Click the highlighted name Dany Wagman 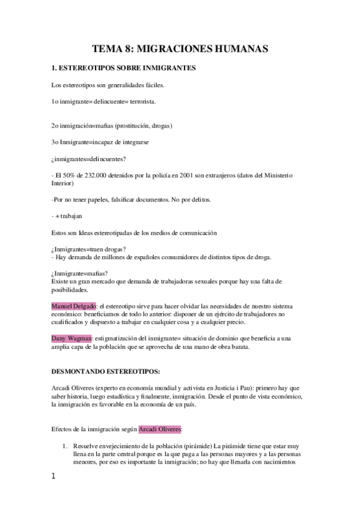click(x=72, y=339)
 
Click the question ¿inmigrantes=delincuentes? click(x=91, y=159)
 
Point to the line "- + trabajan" click(x=67, y=215)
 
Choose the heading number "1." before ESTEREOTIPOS click(x=55, y=69)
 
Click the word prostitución click(x=132, y=126)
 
